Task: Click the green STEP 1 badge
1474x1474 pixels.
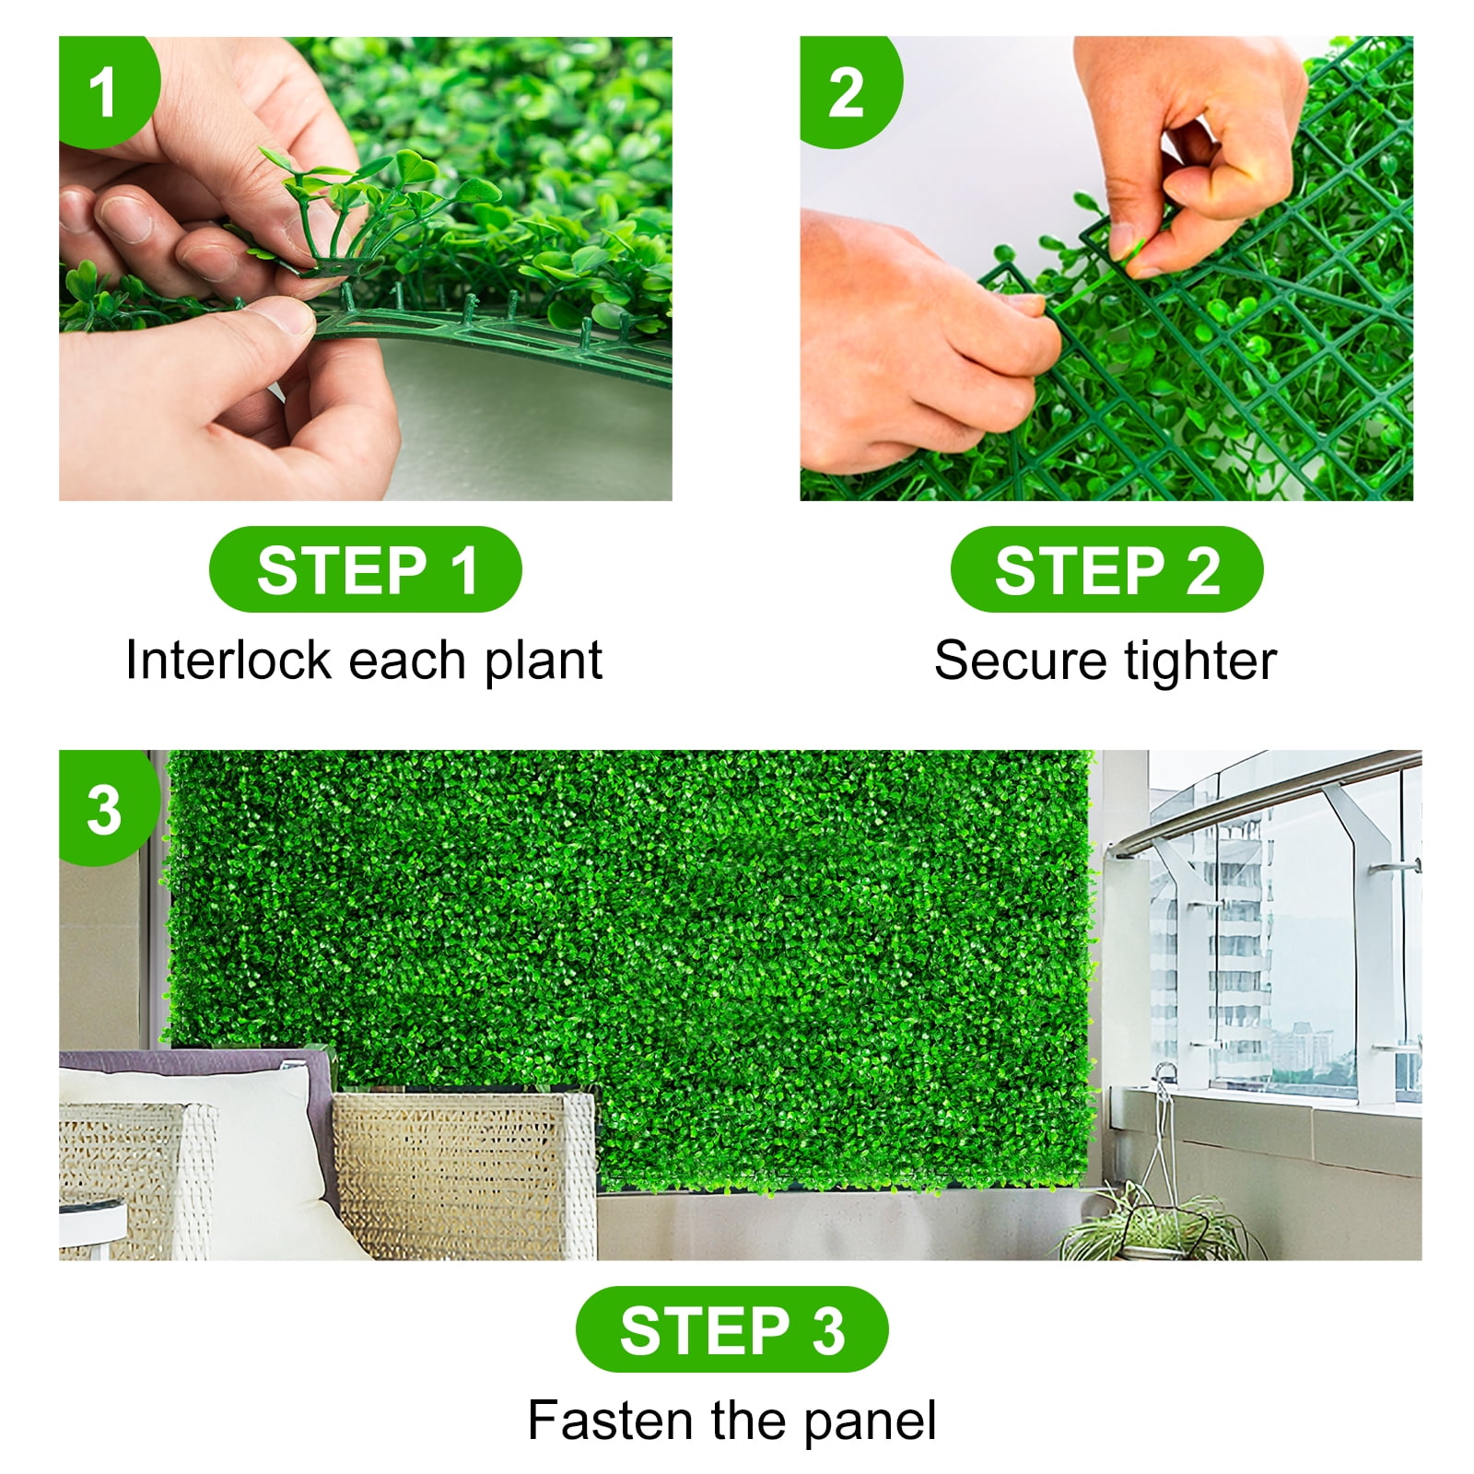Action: pyautogui.click(x=366, y=569)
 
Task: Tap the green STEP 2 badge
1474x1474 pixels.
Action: pyautogui.click(x=1106, y=569)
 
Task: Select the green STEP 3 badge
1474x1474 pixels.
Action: pyautogui.click(x=732, y=1329)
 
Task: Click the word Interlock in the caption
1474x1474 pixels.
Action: pyautogui.click(x=228, y=661)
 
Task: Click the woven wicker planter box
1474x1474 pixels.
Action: pyautogui.click(x=465, y=1175)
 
